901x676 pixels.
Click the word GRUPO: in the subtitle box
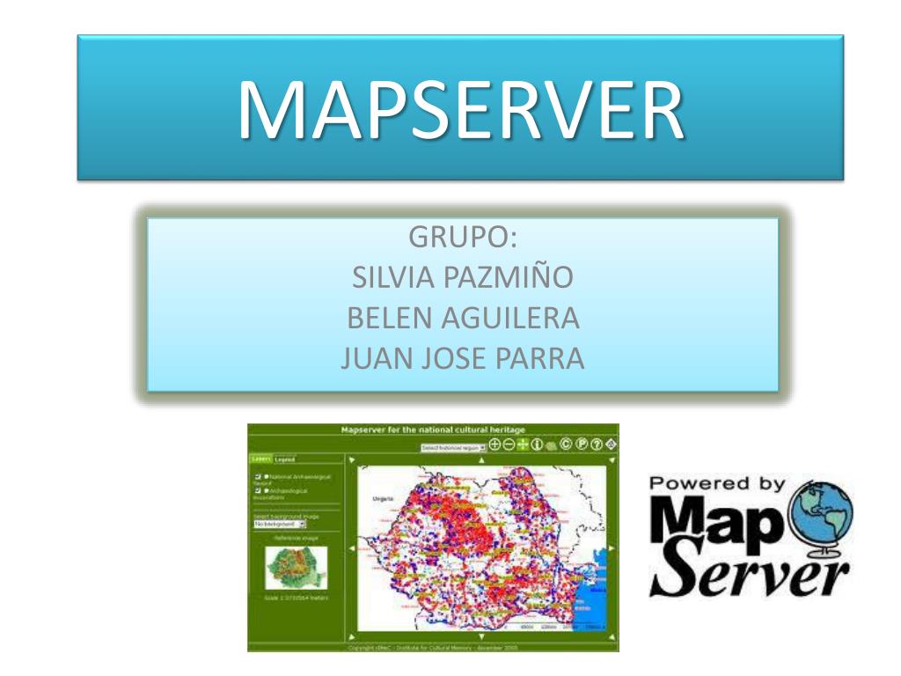coord(463,237)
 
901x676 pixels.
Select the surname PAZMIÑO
coord(520,277)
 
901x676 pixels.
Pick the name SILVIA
coord(393,277)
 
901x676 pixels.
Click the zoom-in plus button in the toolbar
coord(494,445)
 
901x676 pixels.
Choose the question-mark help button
coord(596,445)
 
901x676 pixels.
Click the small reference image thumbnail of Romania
coord(296,567)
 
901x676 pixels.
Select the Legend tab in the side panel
coord(285,459)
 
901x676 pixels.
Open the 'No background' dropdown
coord(274,523)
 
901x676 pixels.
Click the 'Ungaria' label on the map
coord(383,497)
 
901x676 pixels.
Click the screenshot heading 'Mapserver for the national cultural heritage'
coord(432,430)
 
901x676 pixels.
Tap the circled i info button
coord(537,445)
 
